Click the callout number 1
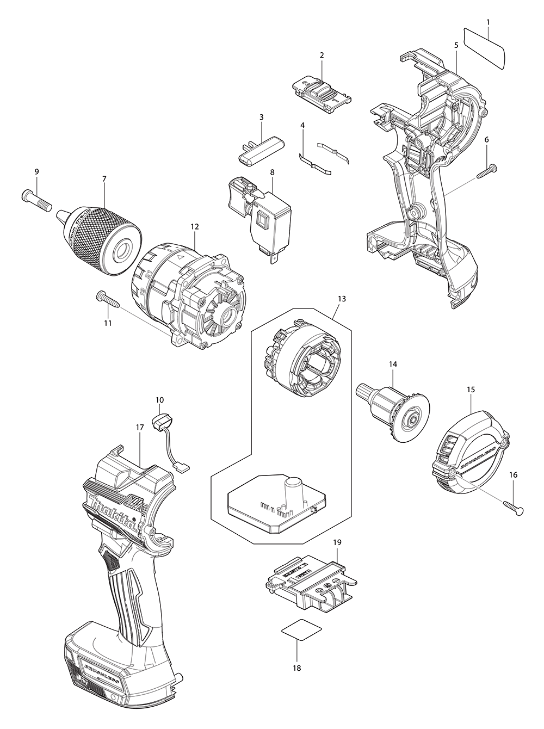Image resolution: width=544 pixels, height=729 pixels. click(488, 22)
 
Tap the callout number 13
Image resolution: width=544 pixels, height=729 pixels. click(341, 299)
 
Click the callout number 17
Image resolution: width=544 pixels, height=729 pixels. click(140, 428)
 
